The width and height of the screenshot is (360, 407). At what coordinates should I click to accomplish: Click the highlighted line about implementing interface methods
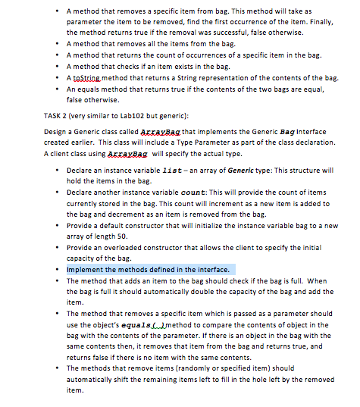coord(151,269)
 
